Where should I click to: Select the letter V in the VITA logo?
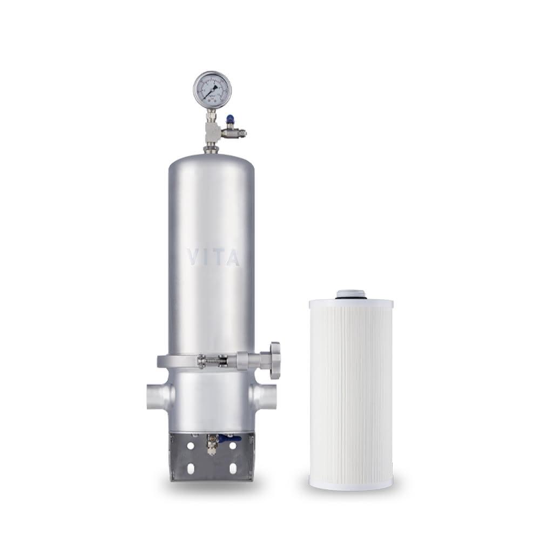pos(193,257)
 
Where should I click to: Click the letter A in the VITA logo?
pos(232,257)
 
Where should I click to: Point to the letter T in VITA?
pos(218,257)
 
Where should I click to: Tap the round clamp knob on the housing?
pos(275,360)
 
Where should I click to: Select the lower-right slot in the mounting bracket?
pos(233,468)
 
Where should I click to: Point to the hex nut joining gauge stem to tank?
pos(211,147)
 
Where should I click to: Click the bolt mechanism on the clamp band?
pos(216,360)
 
